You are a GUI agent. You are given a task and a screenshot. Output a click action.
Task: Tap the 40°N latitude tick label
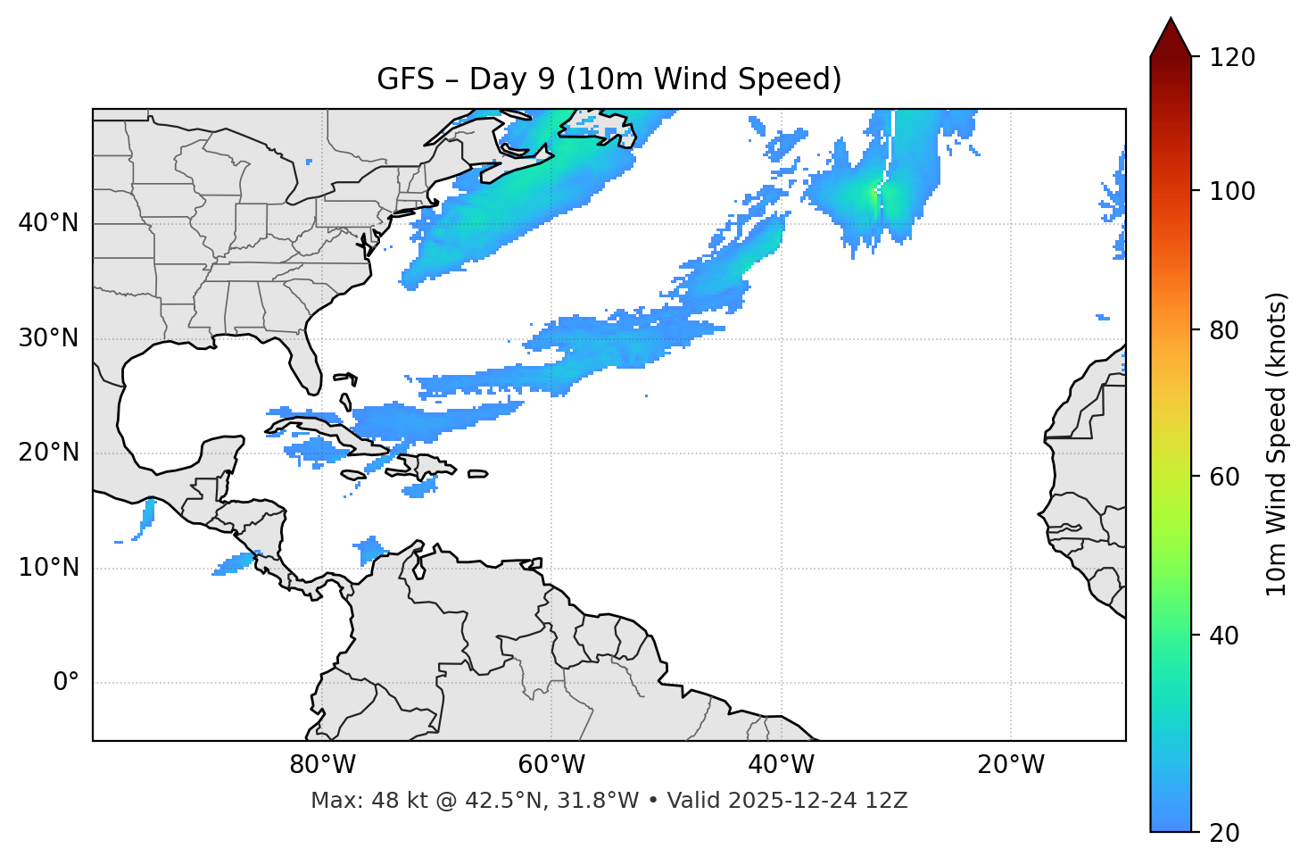tap(48, 223)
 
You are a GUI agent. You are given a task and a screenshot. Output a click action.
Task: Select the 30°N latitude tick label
tap(48, 338)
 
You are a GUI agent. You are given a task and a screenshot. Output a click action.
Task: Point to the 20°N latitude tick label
tap(48, 453)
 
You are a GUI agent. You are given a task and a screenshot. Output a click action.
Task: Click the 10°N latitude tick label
tap(48, 568)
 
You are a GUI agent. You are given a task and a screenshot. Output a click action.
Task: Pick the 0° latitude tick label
tap(66, 683)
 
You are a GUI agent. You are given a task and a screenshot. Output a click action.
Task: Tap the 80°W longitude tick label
tap(322, 765)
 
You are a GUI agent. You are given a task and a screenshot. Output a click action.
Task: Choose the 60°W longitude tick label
tap(551, 765)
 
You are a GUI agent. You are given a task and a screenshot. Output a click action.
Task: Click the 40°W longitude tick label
tap(781, 765)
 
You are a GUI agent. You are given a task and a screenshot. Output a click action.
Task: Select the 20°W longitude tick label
tap(1011, 765)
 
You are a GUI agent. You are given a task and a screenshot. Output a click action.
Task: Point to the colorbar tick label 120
tap(1231, 57)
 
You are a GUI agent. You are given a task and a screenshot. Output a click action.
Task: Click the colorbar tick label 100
tap(1231, 191)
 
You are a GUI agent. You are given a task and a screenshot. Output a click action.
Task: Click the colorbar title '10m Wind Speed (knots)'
tap(1277, 444)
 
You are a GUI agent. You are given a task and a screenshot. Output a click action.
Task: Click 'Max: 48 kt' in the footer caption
tap(354, 801)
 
